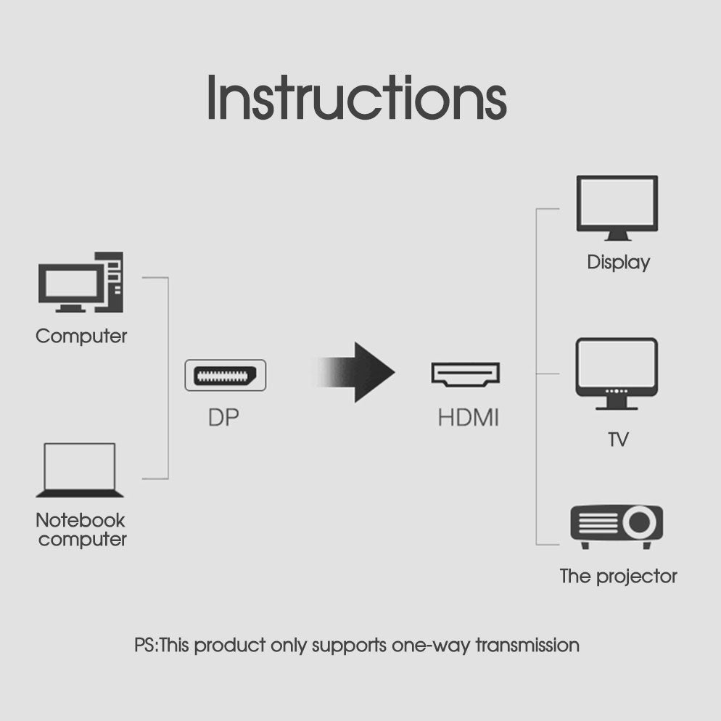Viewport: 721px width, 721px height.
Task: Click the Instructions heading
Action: (357, 97)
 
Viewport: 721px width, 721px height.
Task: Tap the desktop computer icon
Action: (81, 282)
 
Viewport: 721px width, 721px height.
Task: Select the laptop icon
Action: (80, 470)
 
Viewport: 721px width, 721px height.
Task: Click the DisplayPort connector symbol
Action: (226, 375)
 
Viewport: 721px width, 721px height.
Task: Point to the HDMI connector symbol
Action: (466, 374)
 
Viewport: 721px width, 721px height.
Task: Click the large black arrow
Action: (354, 372)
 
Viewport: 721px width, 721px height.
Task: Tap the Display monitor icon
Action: (617, 208)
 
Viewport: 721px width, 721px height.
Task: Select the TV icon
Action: (617, 374)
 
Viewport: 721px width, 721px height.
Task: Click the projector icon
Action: (617, 527)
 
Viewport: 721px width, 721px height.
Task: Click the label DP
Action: (223, 418)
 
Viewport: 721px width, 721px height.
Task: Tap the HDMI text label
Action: (468, 418)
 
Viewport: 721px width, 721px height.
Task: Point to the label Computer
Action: (81, 336)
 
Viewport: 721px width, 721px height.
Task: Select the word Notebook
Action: (80, 520)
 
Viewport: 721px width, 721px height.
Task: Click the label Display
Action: (619, 263)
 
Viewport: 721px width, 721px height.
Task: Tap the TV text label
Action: (618, 440)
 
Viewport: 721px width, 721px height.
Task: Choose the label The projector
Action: (618, 577)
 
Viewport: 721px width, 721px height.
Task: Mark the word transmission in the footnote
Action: (527, 645)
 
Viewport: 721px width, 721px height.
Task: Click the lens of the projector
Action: (639, 522)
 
